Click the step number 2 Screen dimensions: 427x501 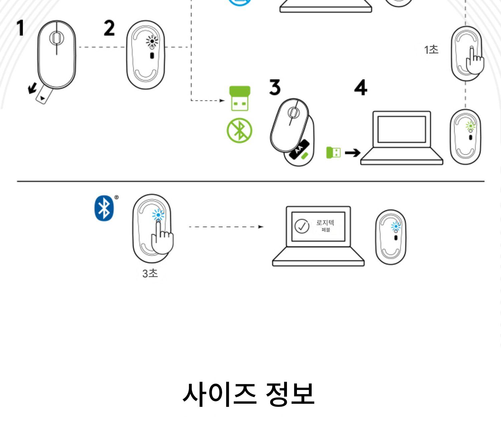[109, 28]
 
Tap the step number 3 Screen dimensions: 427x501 [275, 87]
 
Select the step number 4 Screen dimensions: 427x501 [361, 88]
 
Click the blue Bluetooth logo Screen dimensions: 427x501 [104, 208]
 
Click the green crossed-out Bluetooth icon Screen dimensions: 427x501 [239, 130]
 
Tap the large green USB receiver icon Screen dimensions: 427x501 [239, 98]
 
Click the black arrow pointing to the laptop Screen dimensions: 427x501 [352, 153]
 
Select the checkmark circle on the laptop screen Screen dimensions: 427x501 [302, 226]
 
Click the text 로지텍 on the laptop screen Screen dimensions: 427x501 [325, 223]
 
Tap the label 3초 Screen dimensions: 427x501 [150, 273]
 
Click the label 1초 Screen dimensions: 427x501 [431, 50]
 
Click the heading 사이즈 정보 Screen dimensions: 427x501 [248, 394]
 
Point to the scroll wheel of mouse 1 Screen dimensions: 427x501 [56, 38]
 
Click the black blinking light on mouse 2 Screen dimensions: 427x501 [152, 42]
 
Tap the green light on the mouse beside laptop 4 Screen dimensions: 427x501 [470, 126]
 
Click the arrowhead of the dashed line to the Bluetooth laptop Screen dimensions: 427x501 [261, 227]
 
